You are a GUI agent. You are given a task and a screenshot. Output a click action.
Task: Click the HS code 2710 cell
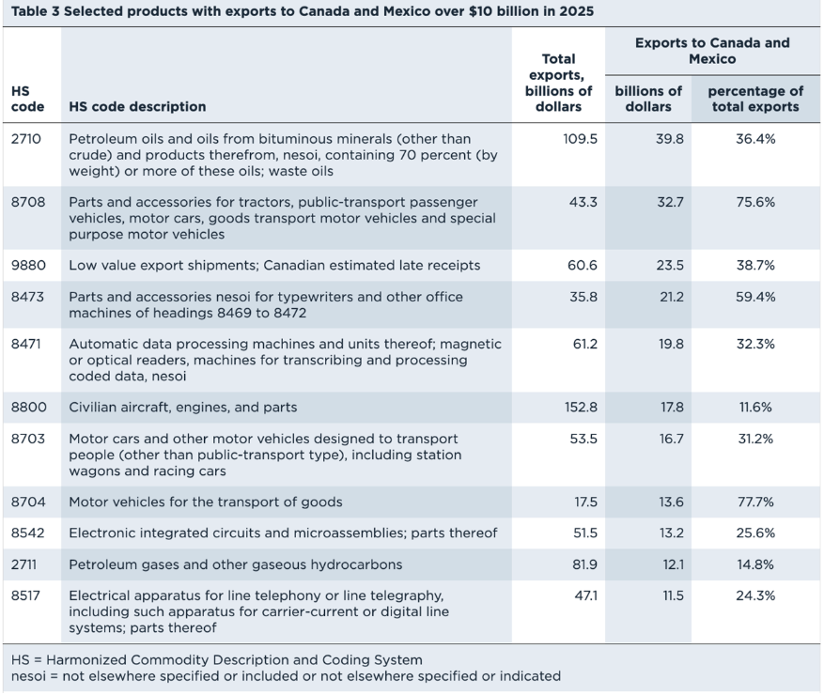tap(25, 139)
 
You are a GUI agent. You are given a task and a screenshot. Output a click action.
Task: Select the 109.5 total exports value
tap(580, 139)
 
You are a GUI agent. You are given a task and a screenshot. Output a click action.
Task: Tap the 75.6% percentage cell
tap(755, 202)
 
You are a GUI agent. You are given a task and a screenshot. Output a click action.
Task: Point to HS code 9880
tap(28, 265)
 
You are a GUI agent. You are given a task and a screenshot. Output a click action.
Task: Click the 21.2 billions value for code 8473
tap(672, 297)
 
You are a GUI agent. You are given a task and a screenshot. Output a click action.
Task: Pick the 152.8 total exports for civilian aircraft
tap(581, 407)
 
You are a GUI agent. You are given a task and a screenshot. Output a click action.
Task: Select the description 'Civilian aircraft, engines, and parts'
tap(183, 407)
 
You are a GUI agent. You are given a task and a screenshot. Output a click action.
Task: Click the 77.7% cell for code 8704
tap(755, 502)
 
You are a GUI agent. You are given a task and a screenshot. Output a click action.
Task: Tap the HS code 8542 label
tap(28, 533)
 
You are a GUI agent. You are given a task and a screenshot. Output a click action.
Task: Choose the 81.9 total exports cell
tap(584, 564)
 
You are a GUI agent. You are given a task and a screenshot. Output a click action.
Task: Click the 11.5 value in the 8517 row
tap(672, 595)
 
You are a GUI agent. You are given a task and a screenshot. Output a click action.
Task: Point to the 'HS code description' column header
tap(137, 107)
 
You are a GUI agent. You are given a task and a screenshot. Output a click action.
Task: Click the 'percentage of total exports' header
tap(755, 99)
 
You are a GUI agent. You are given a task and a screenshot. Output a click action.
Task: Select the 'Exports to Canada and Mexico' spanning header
tap(712, 51)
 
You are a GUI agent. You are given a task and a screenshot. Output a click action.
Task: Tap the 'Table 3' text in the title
tap(35, 11)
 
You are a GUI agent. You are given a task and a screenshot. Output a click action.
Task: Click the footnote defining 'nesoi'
tap(286, 675)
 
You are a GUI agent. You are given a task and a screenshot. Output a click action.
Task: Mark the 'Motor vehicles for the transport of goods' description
tap(206, 502)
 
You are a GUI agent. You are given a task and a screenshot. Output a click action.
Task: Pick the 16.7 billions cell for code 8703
tap(672, 439)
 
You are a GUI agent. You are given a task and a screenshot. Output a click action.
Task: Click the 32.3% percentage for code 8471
tap(755, 344)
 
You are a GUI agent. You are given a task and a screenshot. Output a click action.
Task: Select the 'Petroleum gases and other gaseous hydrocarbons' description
tap(236, 564)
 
